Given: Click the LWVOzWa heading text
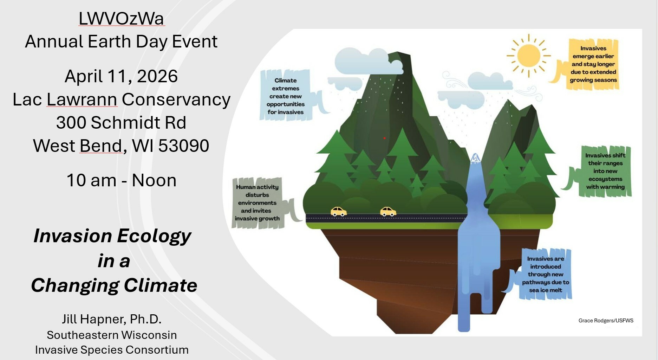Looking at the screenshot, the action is (121, 19).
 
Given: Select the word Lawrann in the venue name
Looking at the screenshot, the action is (82, 99).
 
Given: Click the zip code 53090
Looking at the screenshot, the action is (184, 146).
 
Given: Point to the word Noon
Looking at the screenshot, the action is (154, 180).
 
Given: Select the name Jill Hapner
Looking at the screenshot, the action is (93, 319).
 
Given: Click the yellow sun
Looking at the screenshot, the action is (528, 56).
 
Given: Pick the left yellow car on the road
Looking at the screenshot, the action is (338, 211).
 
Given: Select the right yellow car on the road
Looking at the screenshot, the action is (388, 211).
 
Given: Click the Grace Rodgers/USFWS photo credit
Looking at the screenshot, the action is (606, 320).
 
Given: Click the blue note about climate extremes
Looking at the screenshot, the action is (285, 96).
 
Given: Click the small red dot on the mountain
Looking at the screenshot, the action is (384, 138).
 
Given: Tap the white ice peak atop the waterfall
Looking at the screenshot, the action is (475, 159).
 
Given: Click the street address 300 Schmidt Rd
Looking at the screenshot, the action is (121, 123).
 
